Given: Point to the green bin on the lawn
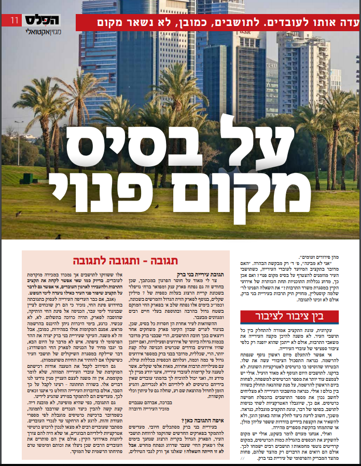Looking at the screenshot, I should [x=26, y=179].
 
